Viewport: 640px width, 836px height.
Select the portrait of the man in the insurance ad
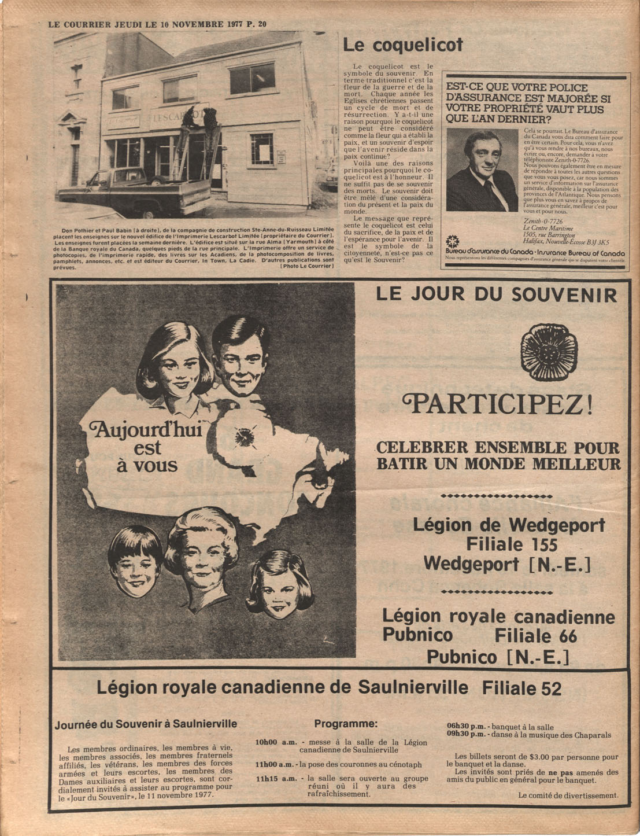tap(482, 170)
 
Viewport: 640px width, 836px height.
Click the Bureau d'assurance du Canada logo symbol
tap(452, 241)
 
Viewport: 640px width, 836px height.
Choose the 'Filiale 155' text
tap(512, 544)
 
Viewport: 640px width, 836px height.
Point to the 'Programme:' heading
tap(346, 724)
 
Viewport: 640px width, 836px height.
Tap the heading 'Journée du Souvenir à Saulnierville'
tap(146, 724)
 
